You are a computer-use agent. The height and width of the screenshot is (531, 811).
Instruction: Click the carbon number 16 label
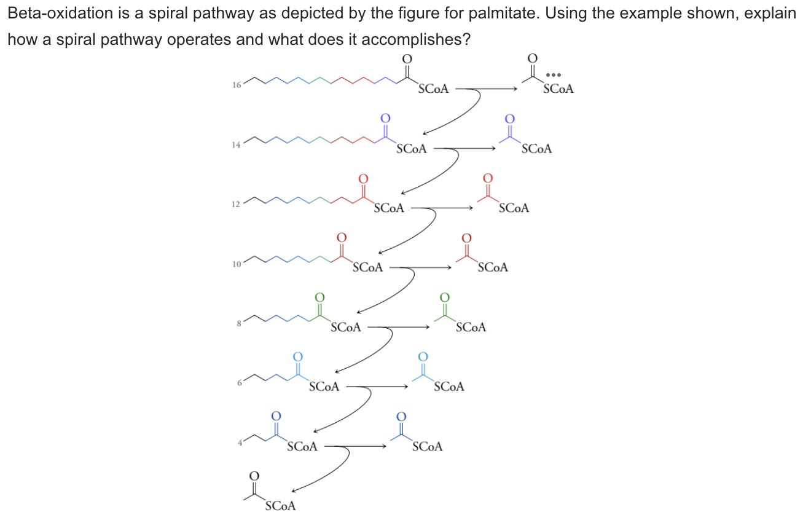pyautogui.click(x=236, y=85)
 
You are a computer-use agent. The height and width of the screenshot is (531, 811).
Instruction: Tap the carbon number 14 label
pyautogui.click(x=236, y=144)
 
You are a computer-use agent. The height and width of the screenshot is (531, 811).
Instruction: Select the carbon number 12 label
pyautogui.click(x=236, y=204)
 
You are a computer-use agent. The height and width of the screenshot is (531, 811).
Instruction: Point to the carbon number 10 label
pyautogui.click(x=236, y=264)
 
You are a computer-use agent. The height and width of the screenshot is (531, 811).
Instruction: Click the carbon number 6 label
pyautogui.click(x=238, y=382)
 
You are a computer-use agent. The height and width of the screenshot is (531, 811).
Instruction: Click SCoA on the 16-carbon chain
pyautogui.click(x=433, y=89)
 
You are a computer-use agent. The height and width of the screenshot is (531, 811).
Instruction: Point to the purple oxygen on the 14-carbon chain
pyautogui.click(x=385, y=117)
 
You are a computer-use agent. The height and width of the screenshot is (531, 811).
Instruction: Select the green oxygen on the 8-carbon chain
pyautogui.click(x=319, y=297)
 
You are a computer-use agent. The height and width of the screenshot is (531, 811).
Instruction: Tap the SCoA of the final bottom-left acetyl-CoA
pyautogui.click(x=280, y=506)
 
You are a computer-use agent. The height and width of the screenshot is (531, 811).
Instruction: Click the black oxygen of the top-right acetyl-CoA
pyautogui.click(x=532, y=58)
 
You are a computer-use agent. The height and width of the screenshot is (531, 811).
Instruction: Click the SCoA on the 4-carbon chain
pyautogui.click(x=302, y=447)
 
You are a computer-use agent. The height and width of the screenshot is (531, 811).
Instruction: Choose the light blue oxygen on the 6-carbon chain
pyautogui.click(x=297, y=356)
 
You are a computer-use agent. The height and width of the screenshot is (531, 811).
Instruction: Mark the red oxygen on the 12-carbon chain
pyautogui.click(x=363, y=178)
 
